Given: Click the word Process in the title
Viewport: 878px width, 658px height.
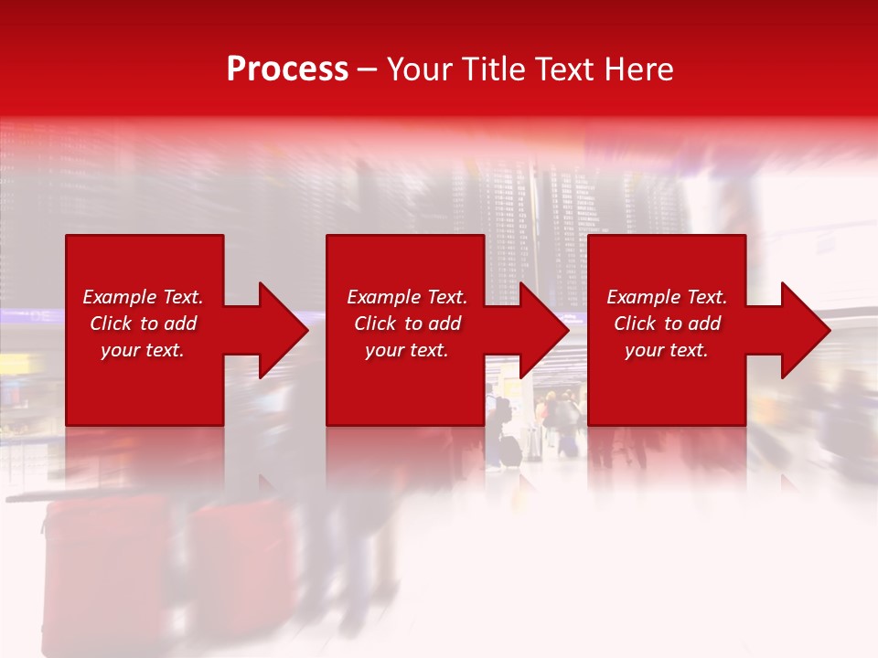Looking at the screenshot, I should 287,69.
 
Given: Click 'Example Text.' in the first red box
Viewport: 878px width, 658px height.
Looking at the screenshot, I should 143,297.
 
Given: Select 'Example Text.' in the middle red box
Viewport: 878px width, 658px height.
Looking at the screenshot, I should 407,297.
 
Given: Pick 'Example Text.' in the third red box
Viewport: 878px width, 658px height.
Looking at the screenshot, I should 667,297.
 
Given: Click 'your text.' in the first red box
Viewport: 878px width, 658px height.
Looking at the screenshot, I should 143,350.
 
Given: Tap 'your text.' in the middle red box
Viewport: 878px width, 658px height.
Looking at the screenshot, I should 407,350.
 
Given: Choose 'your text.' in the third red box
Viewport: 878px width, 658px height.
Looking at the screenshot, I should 667,350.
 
